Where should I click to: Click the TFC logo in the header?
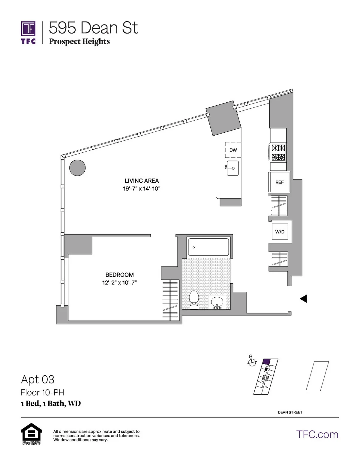(28, 32)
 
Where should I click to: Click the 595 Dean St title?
(93, 28)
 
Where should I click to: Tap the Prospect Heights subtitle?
(79, 41)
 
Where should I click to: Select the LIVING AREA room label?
(142, 181)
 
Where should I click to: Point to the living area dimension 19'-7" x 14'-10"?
(142, 189)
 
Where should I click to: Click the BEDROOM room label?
(119, 275)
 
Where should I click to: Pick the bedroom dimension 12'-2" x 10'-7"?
(119, 283)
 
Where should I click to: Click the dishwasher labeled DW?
(233, 150)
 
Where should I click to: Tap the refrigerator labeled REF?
(279, 182)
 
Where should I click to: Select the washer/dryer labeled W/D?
(280, 232)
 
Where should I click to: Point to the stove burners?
(278, 152)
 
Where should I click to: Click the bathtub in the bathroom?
(208, 247)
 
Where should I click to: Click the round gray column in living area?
(77, 167)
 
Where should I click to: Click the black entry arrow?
(303, 299)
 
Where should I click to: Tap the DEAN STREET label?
(290, 412)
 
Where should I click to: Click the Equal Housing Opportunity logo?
(31, 434)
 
